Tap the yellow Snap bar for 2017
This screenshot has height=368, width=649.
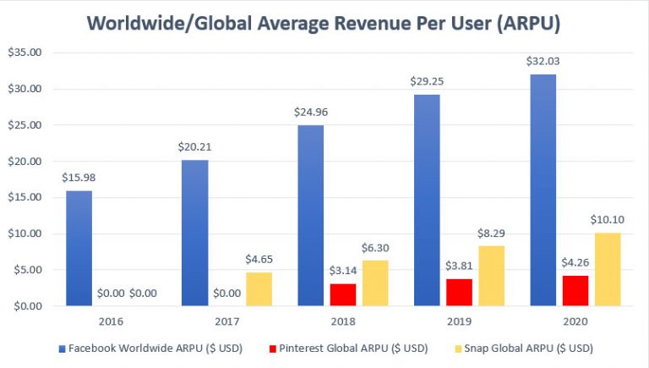(259, 288)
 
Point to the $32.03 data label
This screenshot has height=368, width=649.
(543, 62)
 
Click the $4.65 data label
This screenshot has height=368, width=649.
(259, 261)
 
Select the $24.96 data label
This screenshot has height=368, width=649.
(311, 113)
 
